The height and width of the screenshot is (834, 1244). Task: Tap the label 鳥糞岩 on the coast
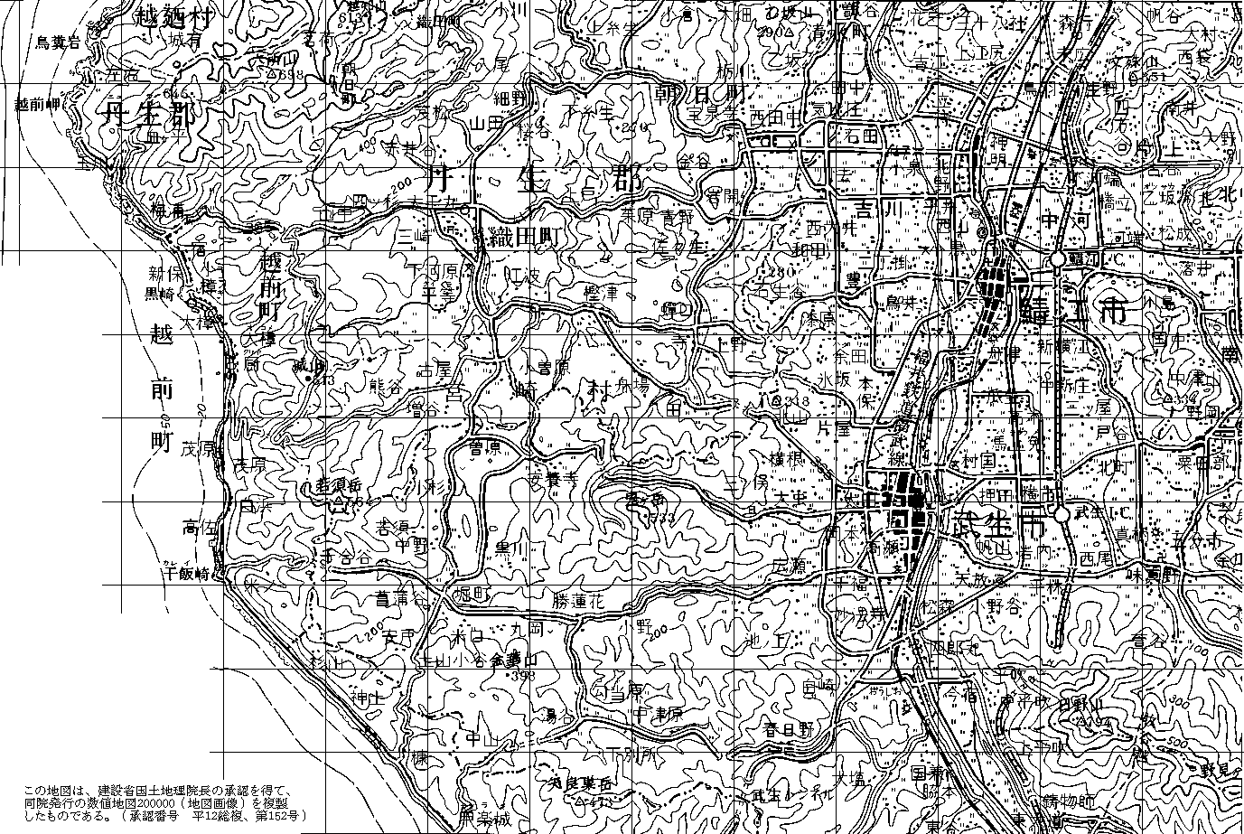point(58,42)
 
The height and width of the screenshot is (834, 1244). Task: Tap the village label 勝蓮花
point(580,599)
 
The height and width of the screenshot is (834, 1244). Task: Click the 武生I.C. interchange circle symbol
point(1061,512)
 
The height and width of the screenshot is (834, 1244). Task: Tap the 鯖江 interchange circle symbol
point(1055,260)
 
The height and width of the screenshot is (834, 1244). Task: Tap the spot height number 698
point(291,75)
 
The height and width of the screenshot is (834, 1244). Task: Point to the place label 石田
point(863,136)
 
